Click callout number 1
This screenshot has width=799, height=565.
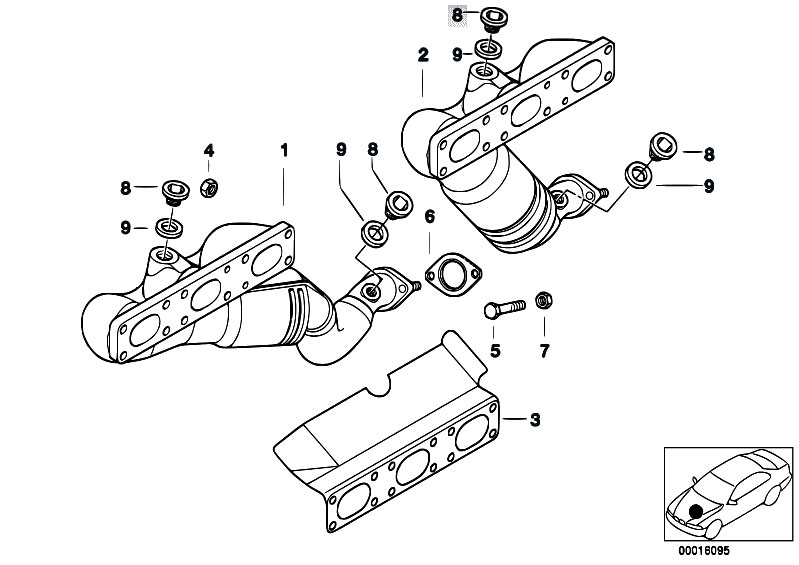(x=284, y=151)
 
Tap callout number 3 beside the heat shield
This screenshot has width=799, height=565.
(x=535, y=420)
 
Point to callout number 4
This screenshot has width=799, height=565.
(x=209, y=151)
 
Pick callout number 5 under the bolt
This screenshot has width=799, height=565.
(x=494, y=350)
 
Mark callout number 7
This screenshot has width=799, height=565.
(x=545, y=350)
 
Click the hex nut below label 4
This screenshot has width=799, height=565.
(x=210, y=186)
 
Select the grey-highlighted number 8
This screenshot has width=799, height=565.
(x=457, y=15)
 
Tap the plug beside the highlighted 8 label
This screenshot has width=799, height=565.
(x=490, y=17)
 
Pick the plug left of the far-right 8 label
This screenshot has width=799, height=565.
(x=662, y=145)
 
